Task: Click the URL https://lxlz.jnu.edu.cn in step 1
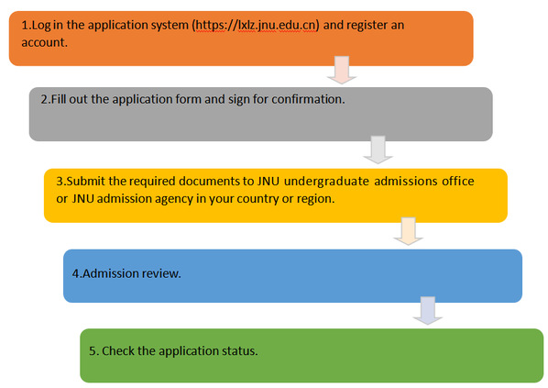tap(256, 26)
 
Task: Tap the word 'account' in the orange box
tap(43, 43)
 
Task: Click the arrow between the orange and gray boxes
tap(342, 70)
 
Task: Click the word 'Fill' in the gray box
tap(59, 99)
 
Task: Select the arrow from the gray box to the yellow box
tap(378, 150)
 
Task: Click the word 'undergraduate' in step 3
tap(326, 182)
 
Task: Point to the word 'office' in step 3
tap(458, 182)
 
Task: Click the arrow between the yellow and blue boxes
tap(408, 231)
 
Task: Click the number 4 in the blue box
tap(75, 273)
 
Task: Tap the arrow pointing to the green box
tap(428, 311)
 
